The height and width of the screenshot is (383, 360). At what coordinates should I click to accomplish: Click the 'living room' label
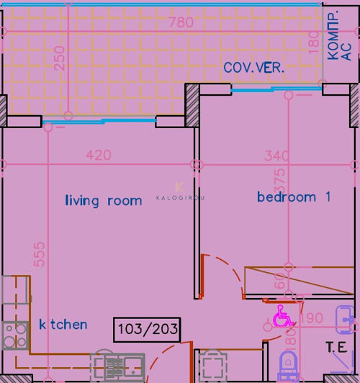103,201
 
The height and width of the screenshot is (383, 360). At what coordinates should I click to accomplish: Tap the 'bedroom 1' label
294,197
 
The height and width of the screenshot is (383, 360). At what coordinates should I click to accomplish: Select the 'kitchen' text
63,325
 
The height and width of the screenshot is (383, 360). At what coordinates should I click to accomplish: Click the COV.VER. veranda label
253,68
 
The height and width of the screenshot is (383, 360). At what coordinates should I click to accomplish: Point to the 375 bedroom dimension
281,182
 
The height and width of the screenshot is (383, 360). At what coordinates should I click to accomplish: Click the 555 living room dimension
40,256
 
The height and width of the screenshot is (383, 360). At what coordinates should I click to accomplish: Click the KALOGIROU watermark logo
180,192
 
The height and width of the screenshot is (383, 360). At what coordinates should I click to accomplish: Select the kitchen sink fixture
115,367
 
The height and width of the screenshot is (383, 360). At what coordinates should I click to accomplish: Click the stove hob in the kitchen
14,336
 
